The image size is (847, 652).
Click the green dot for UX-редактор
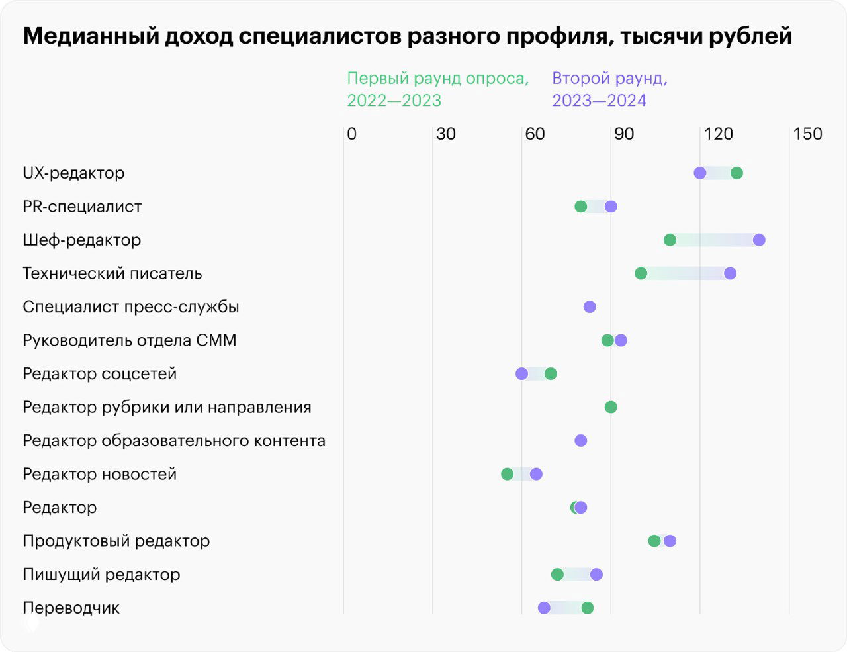click(736, 173)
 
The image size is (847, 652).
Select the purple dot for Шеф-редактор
click(759, 240)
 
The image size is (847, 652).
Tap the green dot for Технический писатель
click(641, 273)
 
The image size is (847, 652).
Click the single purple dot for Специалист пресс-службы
click(590, 307)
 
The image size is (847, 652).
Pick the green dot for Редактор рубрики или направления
click(611, 407)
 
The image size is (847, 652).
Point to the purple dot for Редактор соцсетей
click(521, 374)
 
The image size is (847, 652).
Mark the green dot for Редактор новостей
click(507, 474)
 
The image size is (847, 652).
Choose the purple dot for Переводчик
click(544, 608)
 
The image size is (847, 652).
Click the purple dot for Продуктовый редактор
click(670, 541)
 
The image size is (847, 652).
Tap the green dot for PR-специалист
click(580, 207)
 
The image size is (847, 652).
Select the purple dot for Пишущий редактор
click(596, 574)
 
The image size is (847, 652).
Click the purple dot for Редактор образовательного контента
click(580, 441)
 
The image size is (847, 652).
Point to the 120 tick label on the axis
click(718, 134)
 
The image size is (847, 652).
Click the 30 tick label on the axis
click(445, 134)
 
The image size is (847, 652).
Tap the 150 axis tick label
click(807, 134)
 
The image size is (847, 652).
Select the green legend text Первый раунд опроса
click(437, 79)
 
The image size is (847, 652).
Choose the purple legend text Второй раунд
click(609, 79)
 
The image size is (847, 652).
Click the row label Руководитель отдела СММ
click(129, 340)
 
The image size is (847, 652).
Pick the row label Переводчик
click(71, 608)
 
